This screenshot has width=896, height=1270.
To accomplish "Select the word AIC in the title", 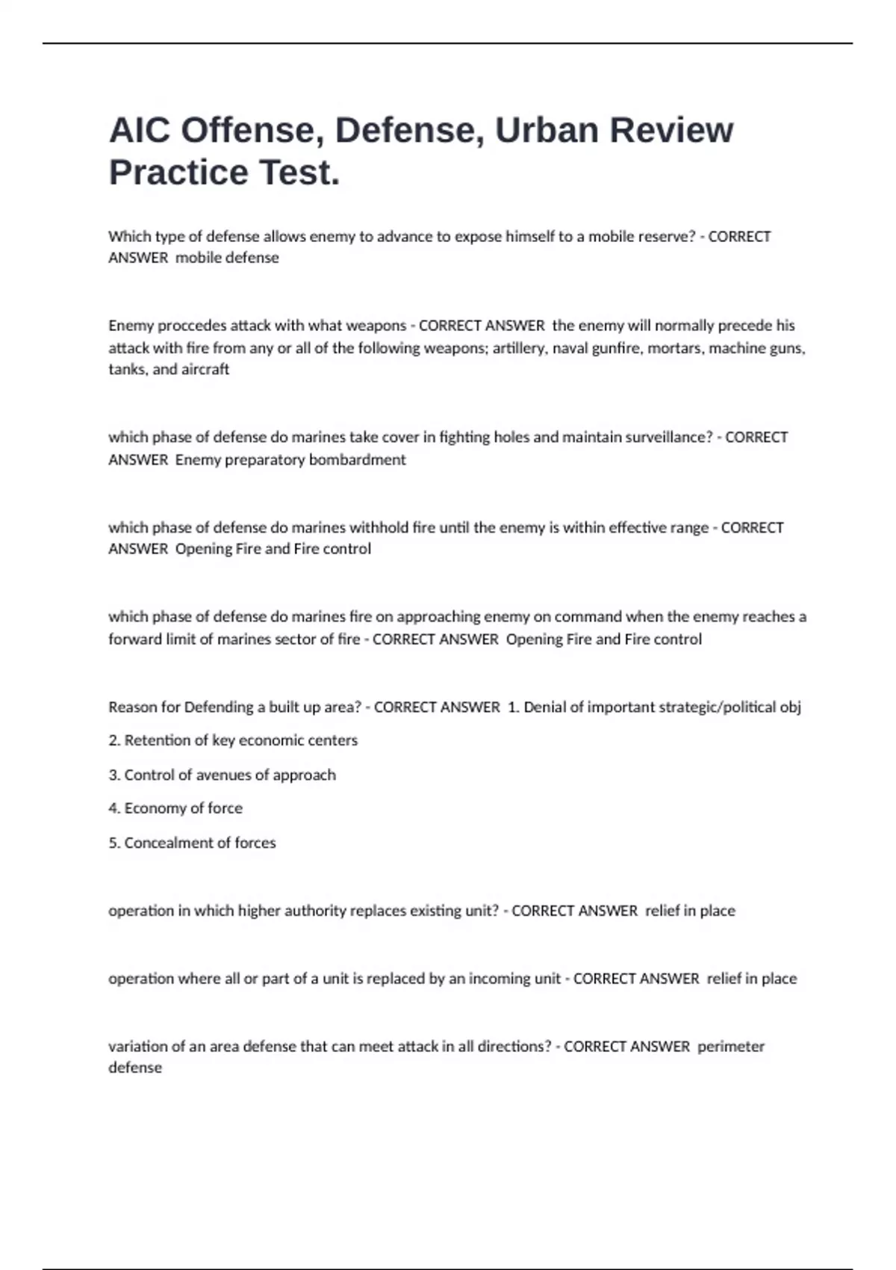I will [139, 131].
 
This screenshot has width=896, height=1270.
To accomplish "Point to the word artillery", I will [520, 348].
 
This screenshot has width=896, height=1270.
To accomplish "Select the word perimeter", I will [731, 1047].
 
